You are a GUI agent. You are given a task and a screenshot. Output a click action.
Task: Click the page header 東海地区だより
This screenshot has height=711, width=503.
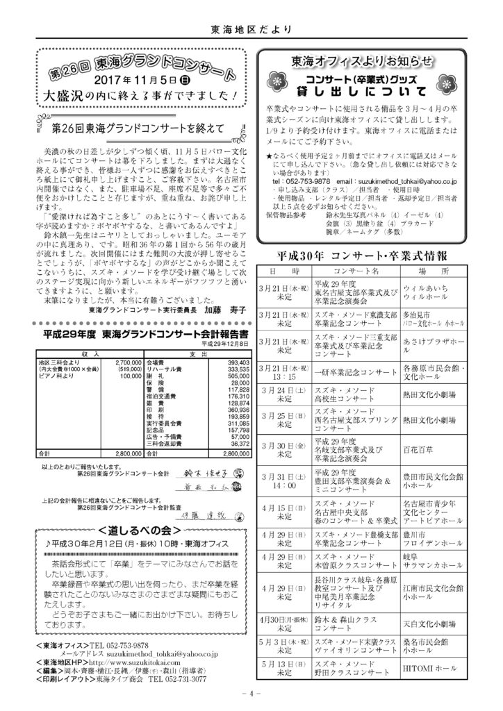point(251,29)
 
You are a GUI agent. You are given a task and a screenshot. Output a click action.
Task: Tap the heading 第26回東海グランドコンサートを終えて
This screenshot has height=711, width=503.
point(138,128)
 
